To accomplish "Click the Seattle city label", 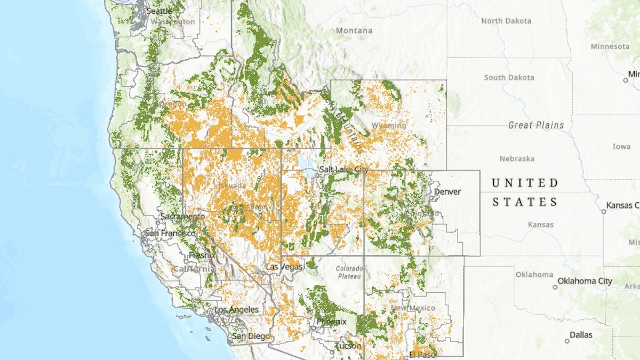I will (159, 11).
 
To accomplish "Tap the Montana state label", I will (354, 30).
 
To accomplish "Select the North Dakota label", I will (506, 21).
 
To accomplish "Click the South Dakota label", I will (509, 77).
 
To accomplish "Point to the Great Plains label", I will (536, 125).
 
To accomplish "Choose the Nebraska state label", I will (517, 159).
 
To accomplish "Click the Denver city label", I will (447, 191).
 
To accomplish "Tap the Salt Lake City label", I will (343, 170).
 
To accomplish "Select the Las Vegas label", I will (284, 266).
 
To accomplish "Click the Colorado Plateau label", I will (349, 272).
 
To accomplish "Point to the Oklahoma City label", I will (585, 281).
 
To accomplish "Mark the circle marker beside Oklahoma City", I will (555, 287).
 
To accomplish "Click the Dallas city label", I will (580, 335).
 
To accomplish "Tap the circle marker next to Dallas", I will (567, 341).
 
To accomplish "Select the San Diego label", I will (251, 336).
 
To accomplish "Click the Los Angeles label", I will (236, 309).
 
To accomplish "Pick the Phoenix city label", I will (331, 321).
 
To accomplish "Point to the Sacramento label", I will (182, 217).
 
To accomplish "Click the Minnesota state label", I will (610, 46).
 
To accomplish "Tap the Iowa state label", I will (621, 146).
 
